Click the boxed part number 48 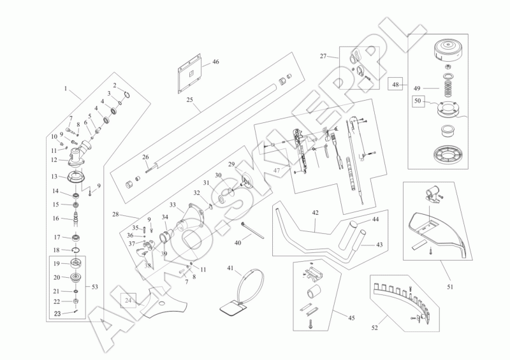point(396,83)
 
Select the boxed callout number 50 point(418,100)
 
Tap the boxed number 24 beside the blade point(128,299)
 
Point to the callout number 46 point(215,62)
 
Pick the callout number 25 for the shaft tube point(189,100)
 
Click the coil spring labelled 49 point(449,83)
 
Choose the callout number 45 point(351,317)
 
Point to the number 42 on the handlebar point(316,213)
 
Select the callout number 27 point(324,56)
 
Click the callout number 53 point(96,287)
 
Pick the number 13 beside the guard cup point(55,176)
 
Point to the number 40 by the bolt point(238,242)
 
